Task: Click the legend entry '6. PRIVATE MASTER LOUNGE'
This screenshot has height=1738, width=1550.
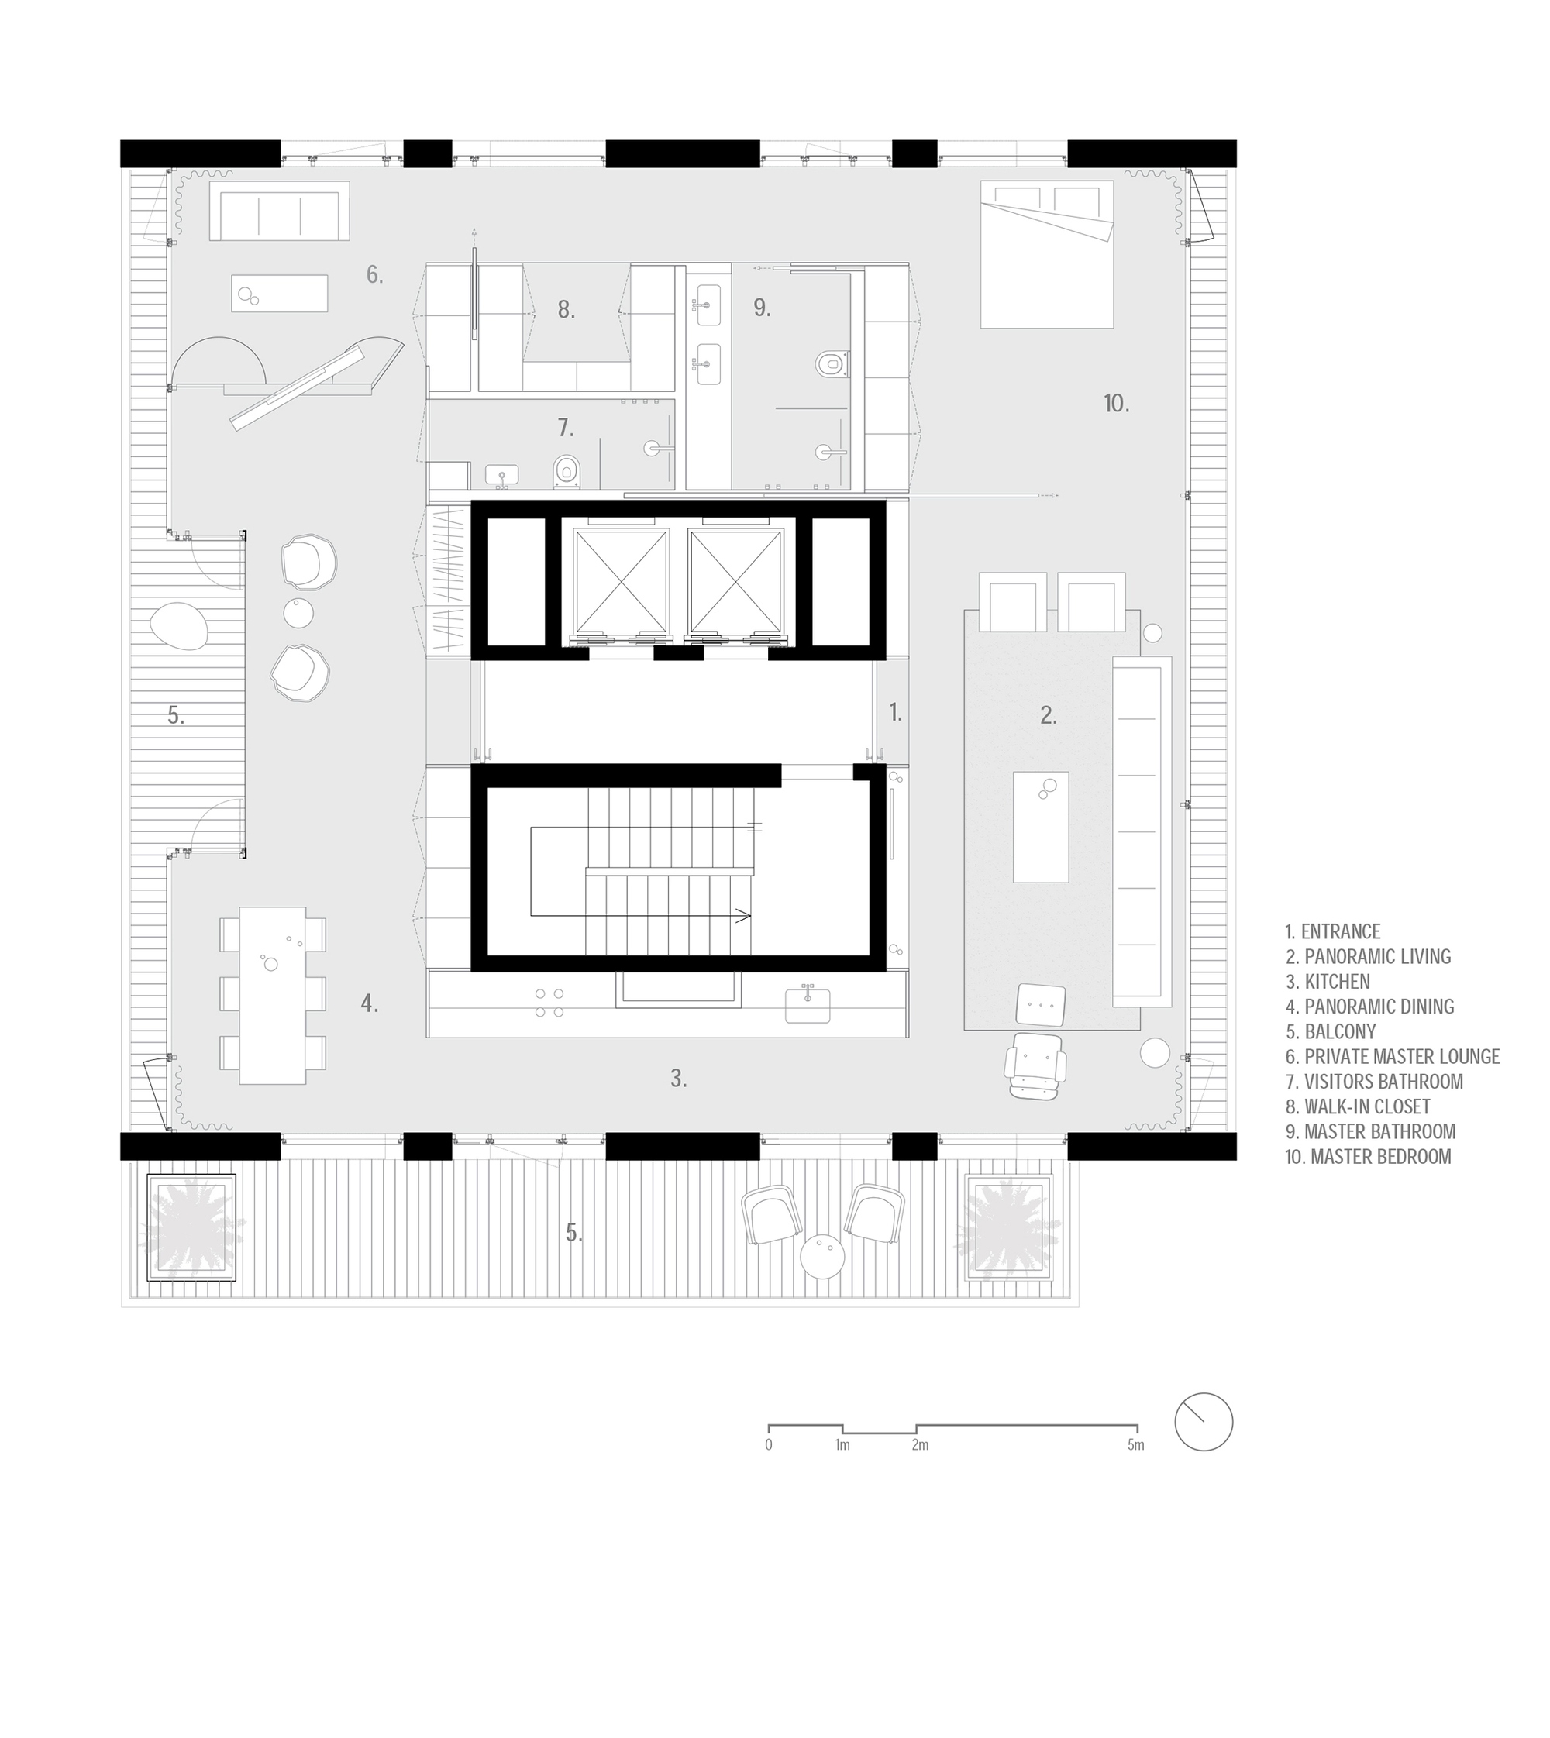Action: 1393,1057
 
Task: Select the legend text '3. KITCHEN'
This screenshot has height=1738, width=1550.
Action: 1328,982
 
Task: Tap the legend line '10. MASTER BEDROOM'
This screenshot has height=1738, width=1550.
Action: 1368,1156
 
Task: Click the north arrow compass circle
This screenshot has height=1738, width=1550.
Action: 1204,1422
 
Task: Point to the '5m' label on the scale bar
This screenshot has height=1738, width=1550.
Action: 1135,1445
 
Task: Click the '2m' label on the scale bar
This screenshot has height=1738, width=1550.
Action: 920,1445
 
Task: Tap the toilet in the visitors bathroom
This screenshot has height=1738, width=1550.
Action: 567,470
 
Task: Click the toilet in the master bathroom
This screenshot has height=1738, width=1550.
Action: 829,364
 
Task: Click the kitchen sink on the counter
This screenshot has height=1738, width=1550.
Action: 808,1005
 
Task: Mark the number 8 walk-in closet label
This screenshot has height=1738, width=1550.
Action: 567,310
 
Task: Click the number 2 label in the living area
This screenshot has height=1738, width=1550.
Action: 1049,716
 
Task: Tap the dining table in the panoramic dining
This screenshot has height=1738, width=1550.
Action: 273,996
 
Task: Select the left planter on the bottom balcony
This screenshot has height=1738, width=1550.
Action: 191,1227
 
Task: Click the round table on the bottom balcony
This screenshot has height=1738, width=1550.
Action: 823,1257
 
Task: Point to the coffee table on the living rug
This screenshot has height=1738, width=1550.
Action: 1041,827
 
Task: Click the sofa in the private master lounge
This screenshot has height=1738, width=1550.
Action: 281,212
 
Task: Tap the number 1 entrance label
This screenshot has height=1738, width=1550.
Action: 895,713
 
